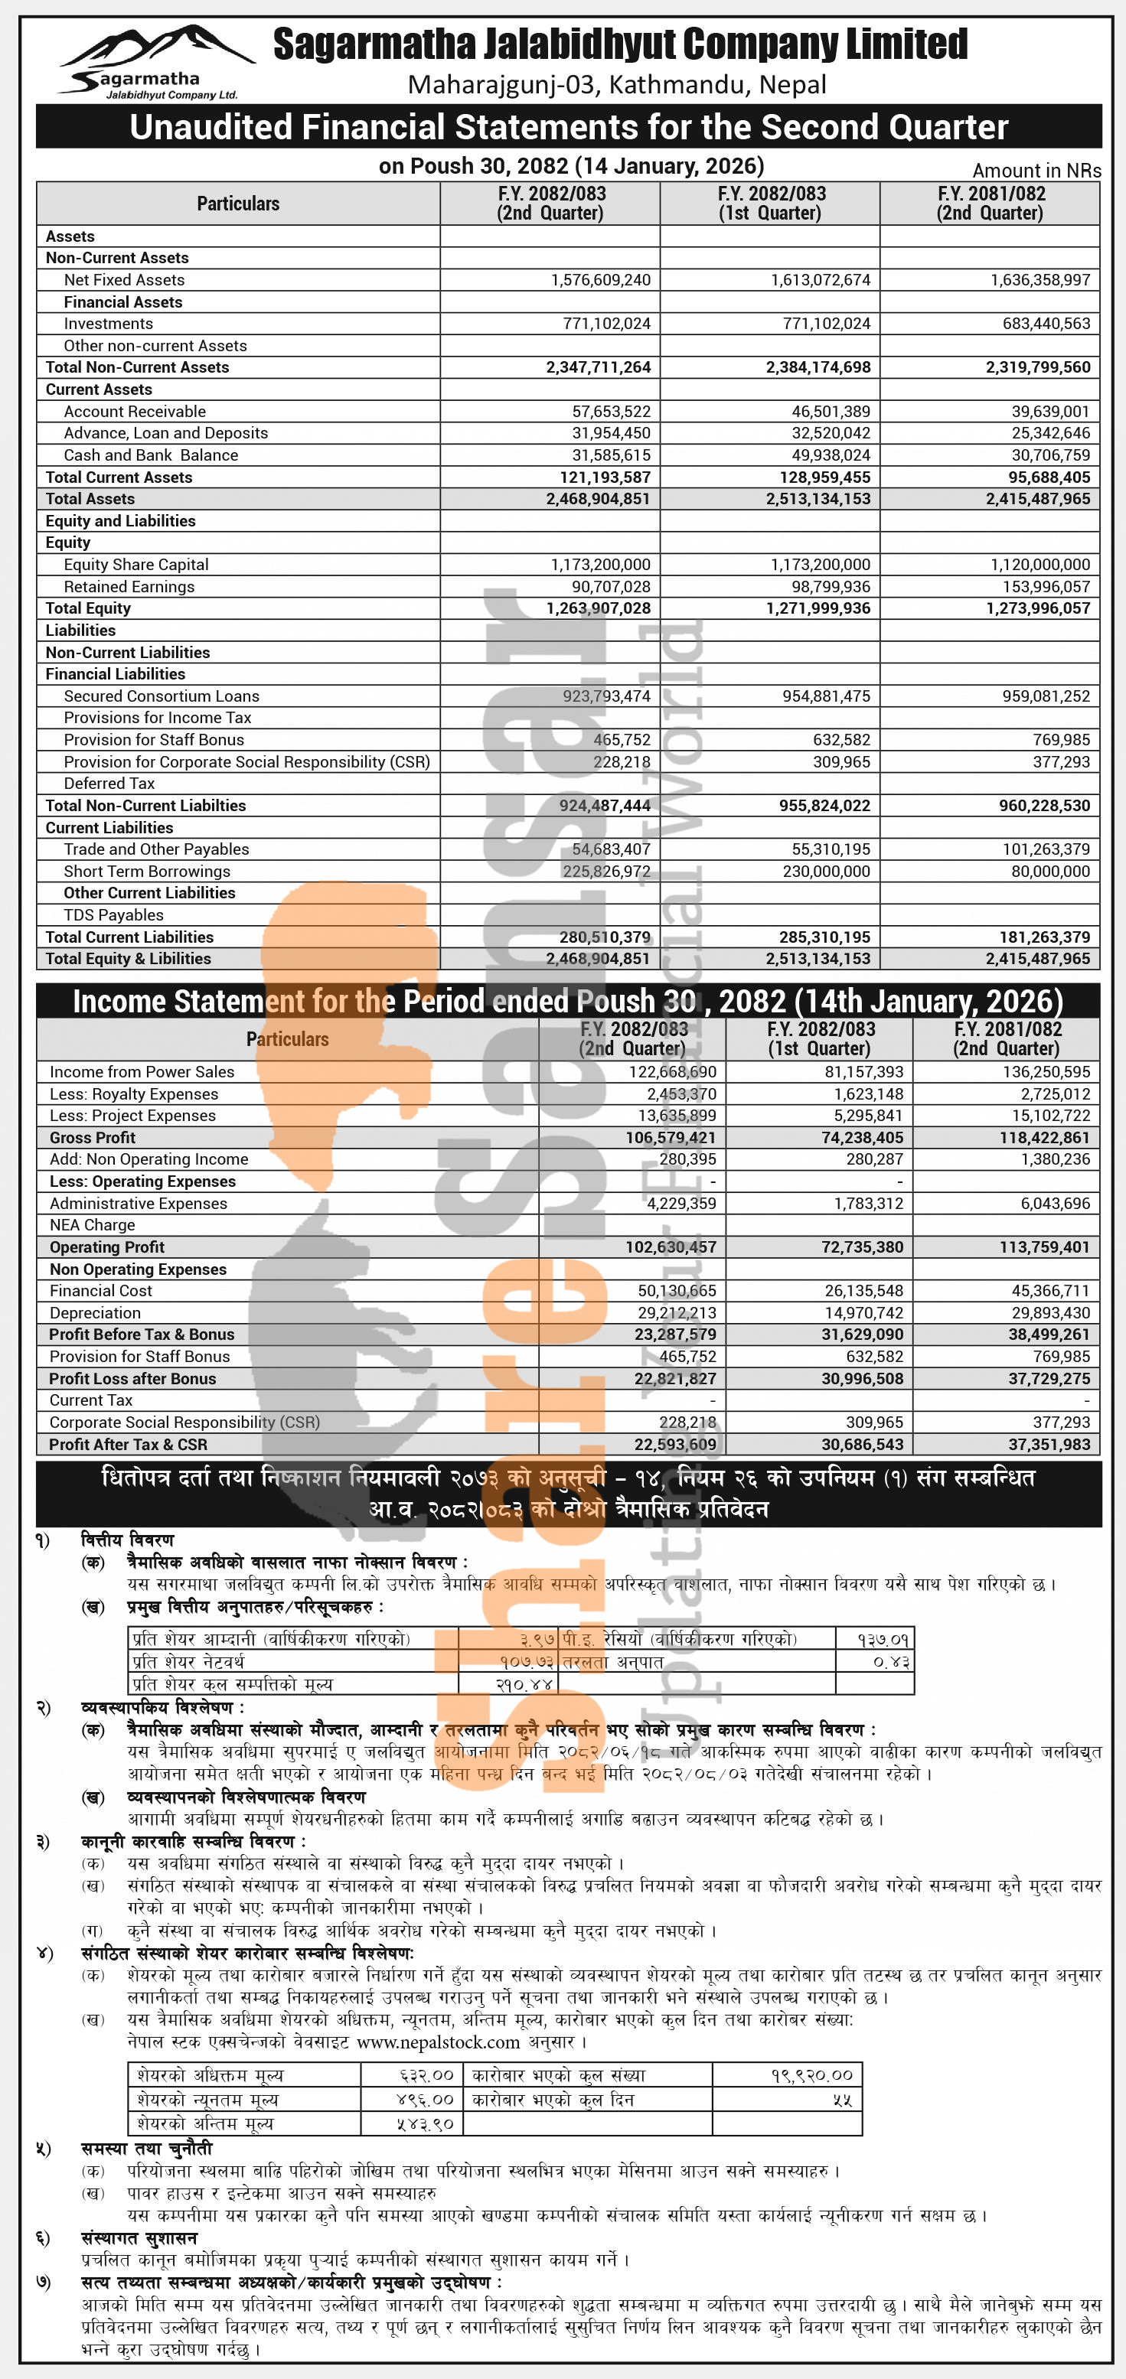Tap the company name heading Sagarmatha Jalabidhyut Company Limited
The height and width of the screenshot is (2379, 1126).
620,44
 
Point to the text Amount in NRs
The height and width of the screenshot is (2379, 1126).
1036,171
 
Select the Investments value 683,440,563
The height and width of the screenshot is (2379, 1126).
1040,323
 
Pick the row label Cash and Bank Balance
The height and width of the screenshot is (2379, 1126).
151,455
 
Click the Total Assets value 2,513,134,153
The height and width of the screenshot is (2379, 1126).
818,499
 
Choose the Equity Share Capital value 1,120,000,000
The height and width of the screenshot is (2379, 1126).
1040,564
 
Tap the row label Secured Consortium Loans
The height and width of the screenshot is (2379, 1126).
161,696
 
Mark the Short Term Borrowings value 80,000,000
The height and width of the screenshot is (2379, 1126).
1050,871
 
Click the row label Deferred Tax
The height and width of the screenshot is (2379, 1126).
109,783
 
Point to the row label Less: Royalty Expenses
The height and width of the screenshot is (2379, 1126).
134,1094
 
